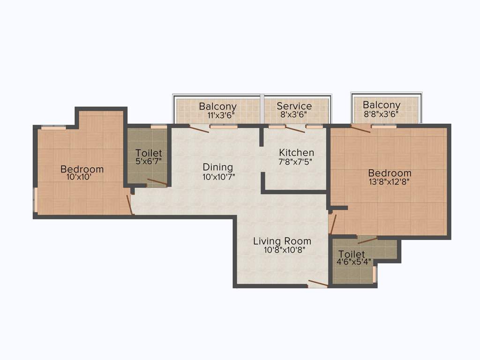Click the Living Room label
282,241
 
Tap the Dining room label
217,167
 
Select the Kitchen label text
296,153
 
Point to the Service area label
294,106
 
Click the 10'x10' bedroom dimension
82,178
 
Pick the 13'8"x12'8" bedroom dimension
389,182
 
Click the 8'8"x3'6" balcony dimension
382,114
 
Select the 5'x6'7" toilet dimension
149,162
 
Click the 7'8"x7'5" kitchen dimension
296,162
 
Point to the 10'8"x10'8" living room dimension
285,250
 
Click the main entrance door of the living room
318,283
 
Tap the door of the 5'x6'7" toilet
157,182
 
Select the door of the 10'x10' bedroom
130,204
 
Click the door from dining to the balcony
199,129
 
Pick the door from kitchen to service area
295,129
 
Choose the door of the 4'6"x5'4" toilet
367,240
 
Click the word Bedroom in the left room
82,169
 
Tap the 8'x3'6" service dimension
294,114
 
